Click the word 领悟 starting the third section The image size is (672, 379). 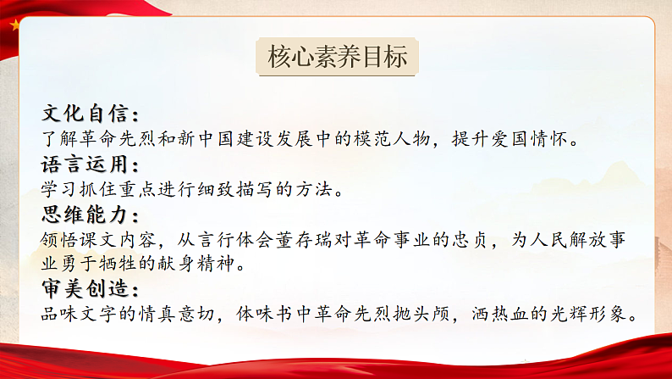click(58, 240)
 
